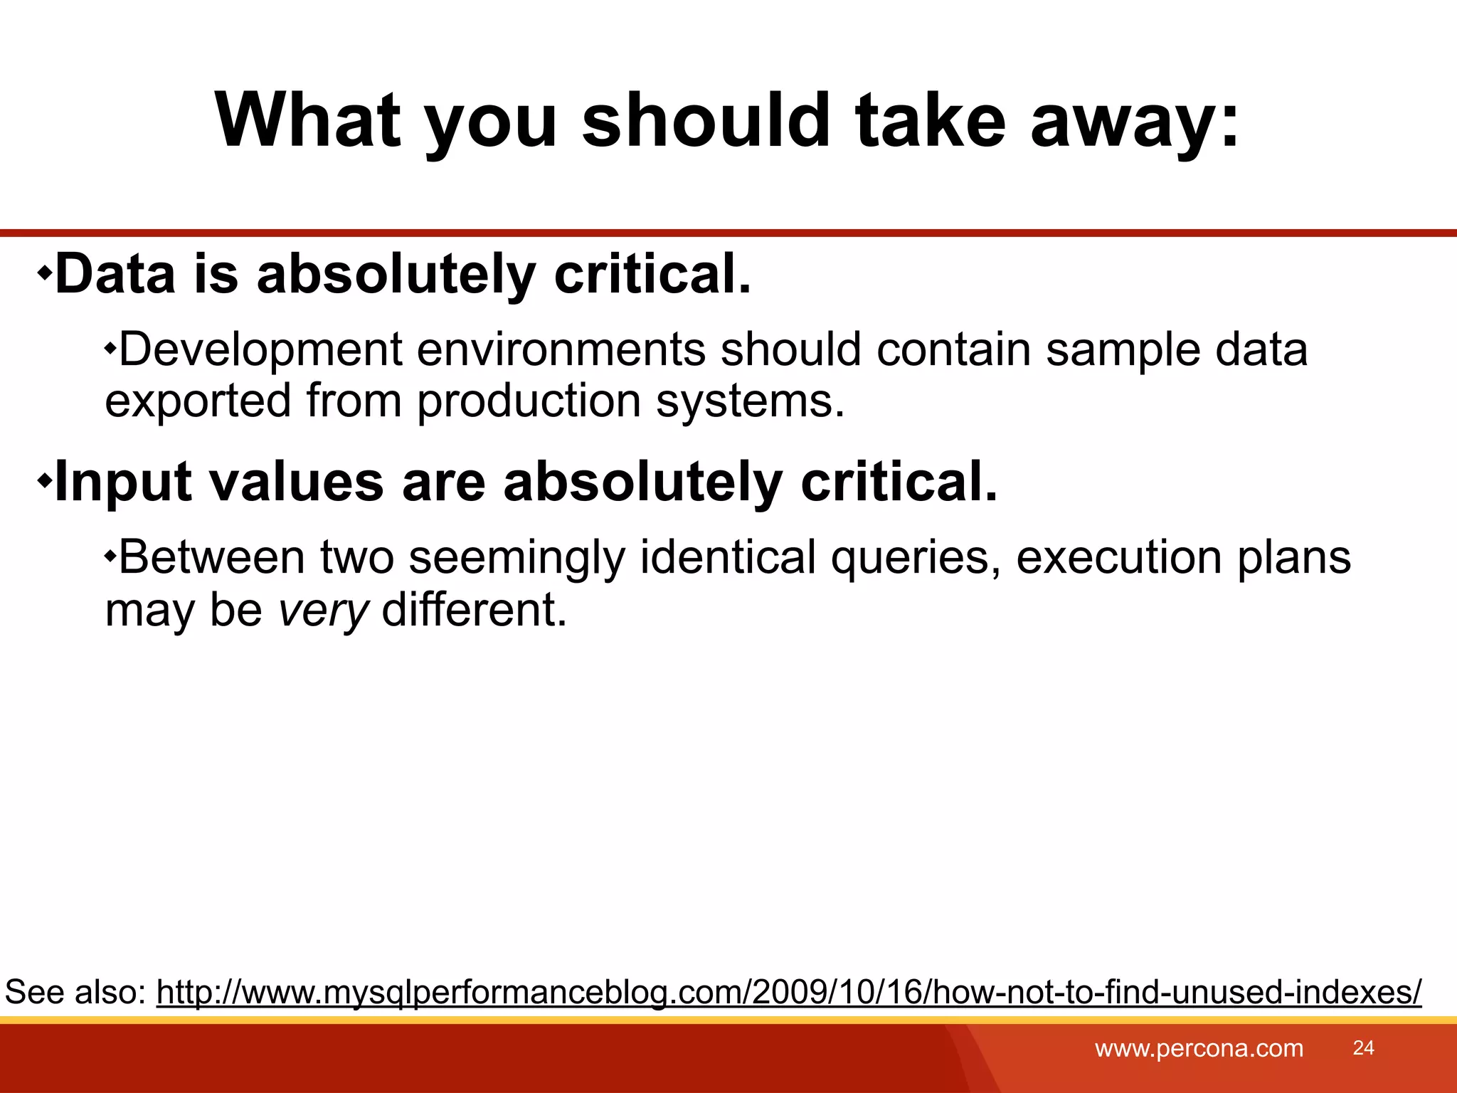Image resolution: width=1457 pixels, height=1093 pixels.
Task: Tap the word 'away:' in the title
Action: click(1135, 122)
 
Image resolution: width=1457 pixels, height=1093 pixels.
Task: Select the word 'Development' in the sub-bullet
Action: click(260, 351)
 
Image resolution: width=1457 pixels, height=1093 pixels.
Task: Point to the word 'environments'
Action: click(561, 349)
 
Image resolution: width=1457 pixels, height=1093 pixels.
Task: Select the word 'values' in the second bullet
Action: click(297, 482)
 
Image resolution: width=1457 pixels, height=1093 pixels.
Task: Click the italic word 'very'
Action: click(323, 611)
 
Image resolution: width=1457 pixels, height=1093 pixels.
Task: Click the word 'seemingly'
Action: click(516, 559)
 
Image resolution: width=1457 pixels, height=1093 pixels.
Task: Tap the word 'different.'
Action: click(475, 610)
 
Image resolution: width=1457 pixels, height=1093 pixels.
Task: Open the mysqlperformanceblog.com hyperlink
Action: click(788, 992)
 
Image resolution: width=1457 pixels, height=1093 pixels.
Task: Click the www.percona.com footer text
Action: click(1199, 1048)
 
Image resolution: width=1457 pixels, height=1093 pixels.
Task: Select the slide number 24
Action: click(1363, 1047)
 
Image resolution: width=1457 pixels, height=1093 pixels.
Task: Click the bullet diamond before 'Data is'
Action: click(45, 272)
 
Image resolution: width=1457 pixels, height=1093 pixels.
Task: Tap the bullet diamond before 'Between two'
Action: click(110, 555)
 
